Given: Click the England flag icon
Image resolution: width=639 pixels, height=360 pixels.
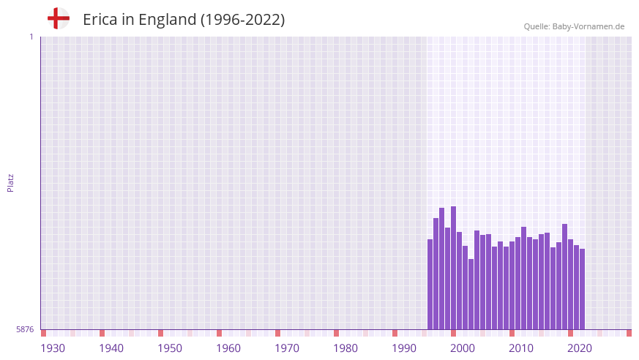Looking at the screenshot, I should point(59,18).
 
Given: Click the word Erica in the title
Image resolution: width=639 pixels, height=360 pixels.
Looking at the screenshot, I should point(101,20).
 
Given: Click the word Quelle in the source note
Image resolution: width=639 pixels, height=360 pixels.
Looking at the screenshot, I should point(537,26).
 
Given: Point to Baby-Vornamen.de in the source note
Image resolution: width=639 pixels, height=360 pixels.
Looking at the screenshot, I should point(589,26).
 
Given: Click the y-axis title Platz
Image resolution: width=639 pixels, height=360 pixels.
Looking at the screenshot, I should point(10,182).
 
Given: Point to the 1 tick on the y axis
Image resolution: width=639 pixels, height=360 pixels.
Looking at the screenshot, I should point(31,37).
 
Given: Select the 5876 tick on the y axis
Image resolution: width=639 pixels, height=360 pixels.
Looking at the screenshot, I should point(25,329).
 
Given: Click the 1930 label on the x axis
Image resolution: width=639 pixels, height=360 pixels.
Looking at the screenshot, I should point(53,348).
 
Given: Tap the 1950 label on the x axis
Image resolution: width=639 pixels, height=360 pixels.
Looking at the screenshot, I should point(170,348).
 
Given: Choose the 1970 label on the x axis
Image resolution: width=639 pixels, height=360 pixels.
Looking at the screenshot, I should point(287,348).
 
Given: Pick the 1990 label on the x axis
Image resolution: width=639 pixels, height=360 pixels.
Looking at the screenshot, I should point(404,348).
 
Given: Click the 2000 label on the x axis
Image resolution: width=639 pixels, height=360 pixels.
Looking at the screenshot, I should point(463,348).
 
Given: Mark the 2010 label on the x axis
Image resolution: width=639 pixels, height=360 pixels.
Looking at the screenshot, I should point(521,348).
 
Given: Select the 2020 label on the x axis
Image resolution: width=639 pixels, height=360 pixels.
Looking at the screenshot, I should point(580,348).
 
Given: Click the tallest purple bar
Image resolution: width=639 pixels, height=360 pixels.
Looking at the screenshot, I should point(453,268).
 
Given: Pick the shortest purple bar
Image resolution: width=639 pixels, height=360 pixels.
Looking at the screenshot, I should point(471,294).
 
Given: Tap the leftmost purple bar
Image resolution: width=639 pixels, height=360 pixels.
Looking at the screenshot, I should point(430,284).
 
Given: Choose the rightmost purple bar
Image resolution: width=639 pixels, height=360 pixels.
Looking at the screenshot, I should point(582,289).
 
